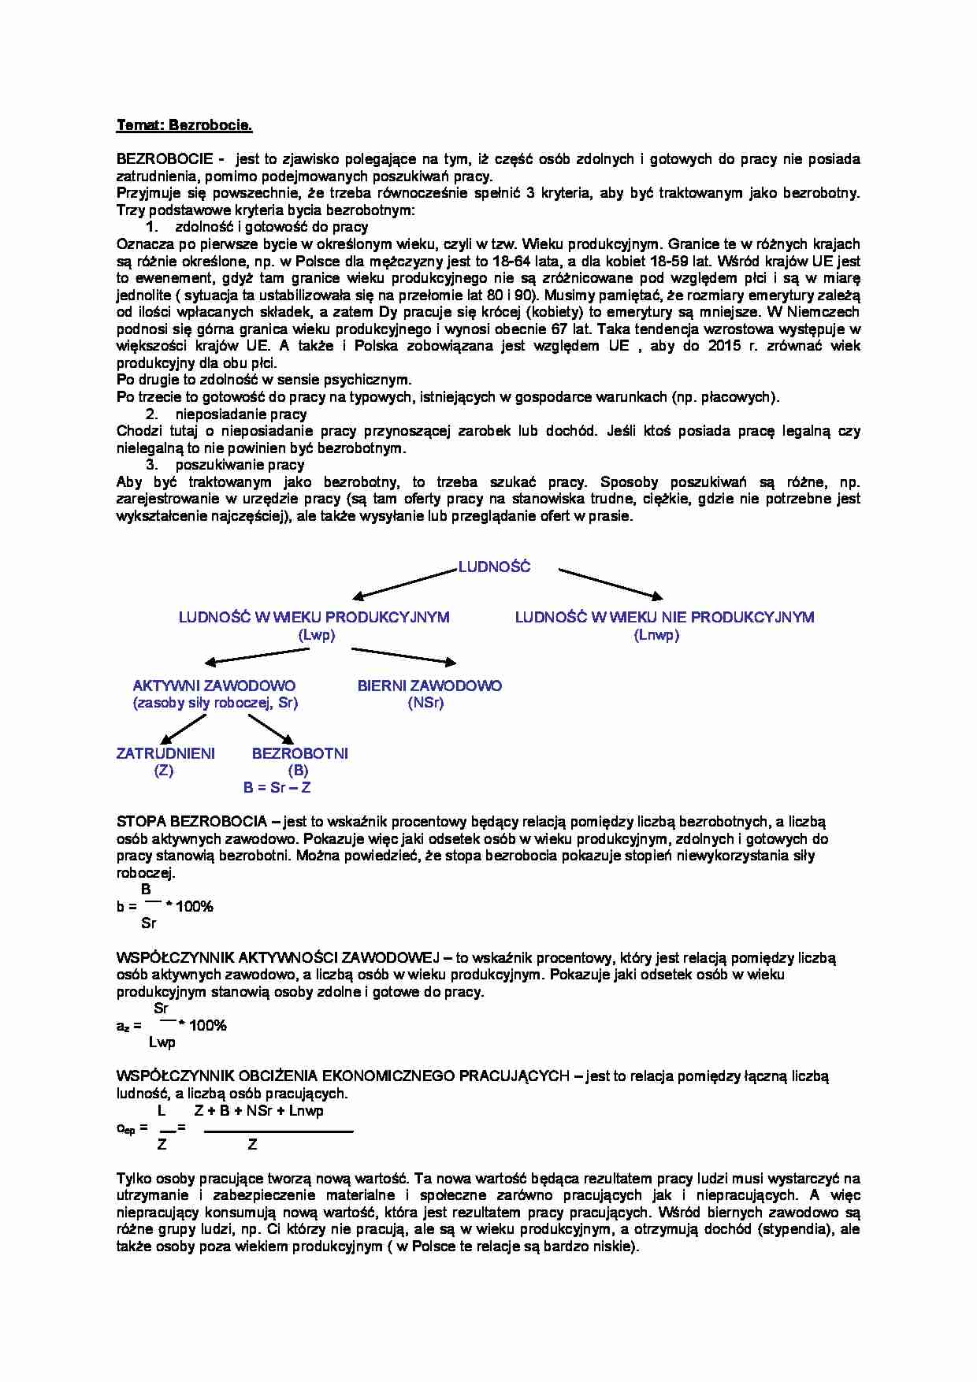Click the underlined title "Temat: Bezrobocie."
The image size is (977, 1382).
(184, 125)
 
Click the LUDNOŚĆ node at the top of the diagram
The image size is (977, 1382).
(494, 567)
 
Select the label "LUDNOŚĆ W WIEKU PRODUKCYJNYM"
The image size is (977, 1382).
(314, 617)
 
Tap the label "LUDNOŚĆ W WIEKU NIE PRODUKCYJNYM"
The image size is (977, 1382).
(664, 617)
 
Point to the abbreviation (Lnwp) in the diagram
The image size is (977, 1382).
(656, 635)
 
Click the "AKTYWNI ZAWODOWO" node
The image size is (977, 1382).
(214, 685)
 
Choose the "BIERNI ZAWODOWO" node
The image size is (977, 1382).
(429, 685)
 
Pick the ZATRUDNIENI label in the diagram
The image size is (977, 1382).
(165, 753)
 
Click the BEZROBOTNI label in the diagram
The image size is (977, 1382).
(299, 753)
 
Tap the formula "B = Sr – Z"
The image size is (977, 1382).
(277, 787)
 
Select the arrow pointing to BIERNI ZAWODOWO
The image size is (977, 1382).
(403, 656)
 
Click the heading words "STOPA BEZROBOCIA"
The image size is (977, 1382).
(191, 822)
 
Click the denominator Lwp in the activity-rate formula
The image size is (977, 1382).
(162, 1042)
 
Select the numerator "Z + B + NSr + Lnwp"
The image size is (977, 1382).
(259, 1111)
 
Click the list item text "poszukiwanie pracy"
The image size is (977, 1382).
(240, 465)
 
